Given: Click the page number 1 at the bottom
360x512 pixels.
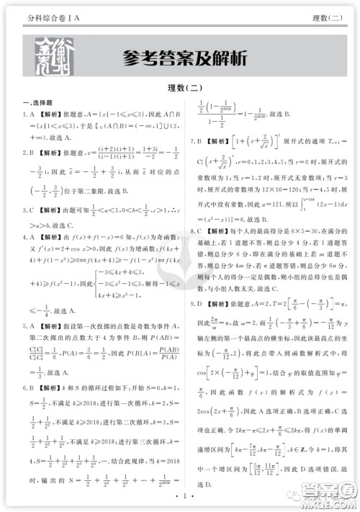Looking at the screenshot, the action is (x=179, y=496).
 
